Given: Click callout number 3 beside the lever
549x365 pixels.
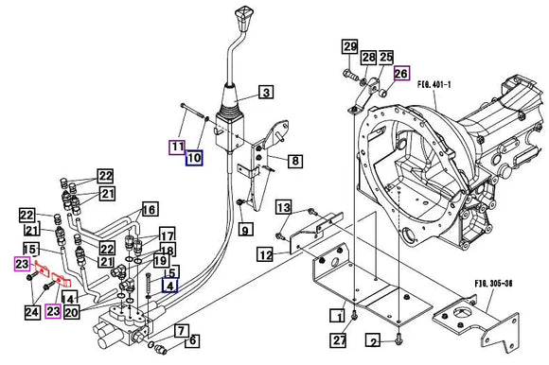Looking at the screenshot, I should [266, 92].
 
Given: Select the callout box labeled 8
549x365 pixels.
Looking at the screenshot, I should [295, 162].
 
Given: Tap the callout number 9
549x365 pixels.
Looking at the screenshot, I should [244, 228].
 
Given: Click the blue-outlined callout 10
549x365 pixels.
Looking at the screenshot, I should [194, 159].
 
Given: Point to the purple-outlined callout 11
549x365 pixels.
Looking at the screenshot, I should [176, 147].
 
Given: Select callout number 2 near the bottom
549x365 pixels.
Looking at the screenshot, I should [374, 340].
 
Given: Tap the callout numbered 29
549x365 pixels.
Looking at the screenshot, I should [349, 48].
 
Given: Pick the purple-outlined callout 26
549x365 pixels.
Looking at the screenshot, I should [401, 73].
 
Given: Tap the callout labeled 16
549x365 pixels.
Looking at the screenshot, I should [149, 209].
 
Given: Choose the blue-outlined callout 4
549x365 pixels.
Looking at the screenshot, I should [170, 285].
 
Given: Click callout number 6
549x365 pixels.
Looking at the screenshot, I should [193, 340].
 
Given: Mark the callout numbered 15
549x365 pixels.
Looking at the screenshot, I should [30, 249].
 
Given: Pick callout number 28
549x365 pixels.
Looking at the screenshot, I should [368, 59].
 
